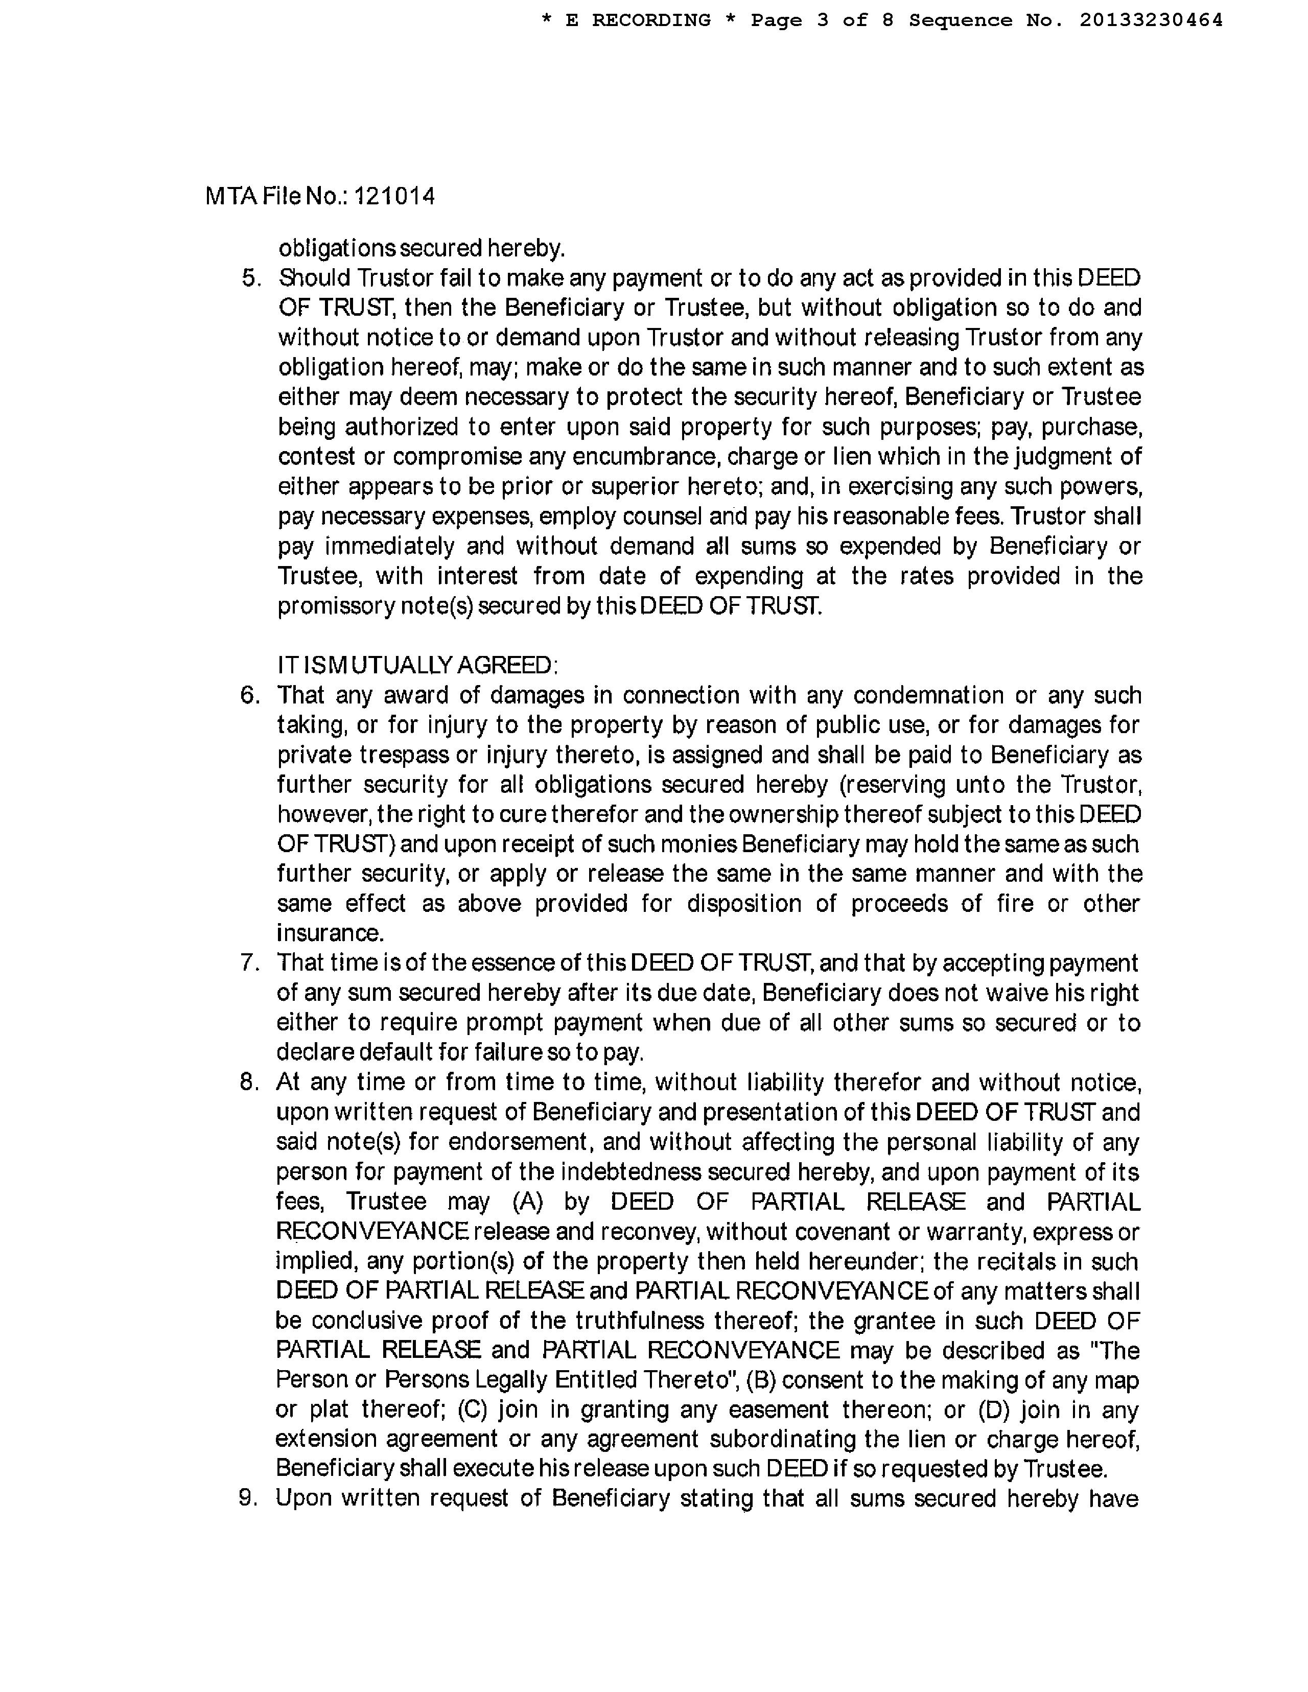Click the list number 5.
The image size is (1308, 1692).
252,278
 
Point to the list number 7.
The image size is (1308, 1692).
249,963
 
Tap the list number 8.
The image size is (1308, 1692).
249,1083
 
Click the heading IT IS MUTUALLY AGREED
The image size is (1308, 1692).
417,666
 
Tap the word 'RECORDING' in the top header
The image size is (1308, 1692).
651,20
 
